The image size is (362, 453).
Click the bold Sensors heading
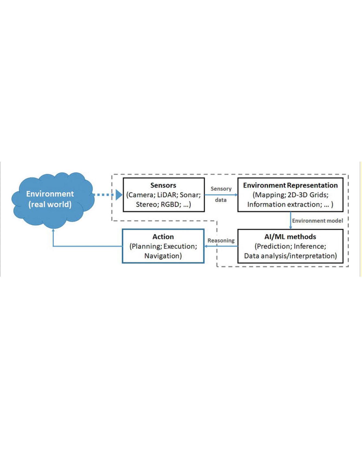click(163, 185)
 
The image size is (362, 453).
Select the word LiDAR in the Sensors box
click(166, 195)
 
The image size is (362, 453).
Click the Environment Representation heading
click(290, 185)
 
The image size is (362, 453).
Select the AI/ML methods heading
click(290, 237)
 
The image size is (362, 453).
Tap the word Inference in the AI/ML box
click(310, 246)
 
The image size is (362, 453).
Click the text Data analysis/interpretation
click(290, 256)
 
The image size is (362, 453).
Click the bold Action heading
click(163, 237)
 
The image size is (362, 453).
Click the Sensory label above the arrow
click(221, 189)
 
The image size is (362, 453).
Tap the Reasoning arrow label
click(221, 241)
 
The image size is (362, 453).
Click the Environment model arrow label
click(317, 221)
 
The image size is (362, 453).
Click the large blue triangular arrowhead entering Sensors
click(119, 195)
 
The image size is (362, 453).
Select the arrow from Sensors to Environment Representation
click(221, 195)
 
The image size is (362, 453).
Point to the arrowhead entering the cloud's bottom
click(53, 230)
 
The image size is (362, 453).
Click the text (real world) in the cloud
click(50, 205)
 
